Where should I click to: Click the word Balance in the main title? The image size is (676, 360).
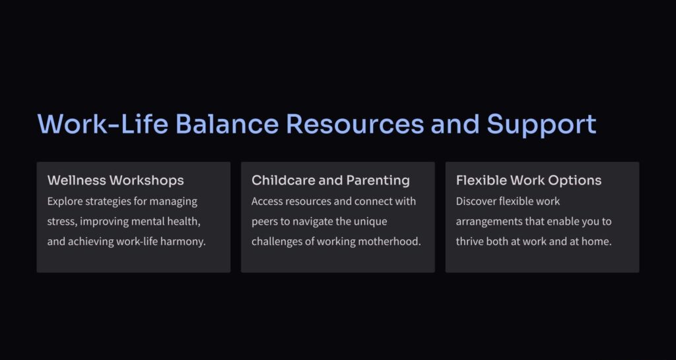(x=227, y=124)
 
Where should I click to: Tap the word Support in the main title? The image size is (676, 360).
(x=541, y=125)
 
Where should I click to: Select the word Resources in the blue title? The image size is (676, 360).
(x=355, y=124)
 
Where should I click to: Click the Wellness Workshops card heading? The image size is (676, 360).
(x=116, y=180)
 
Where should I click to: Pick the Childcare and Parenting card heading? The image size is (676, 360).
(x=331, y=180)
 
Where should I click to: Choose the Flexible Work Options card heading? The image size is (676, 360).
(x=529, y=180)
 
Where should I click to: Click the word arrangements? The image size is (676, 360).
(x=489, y=222)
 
